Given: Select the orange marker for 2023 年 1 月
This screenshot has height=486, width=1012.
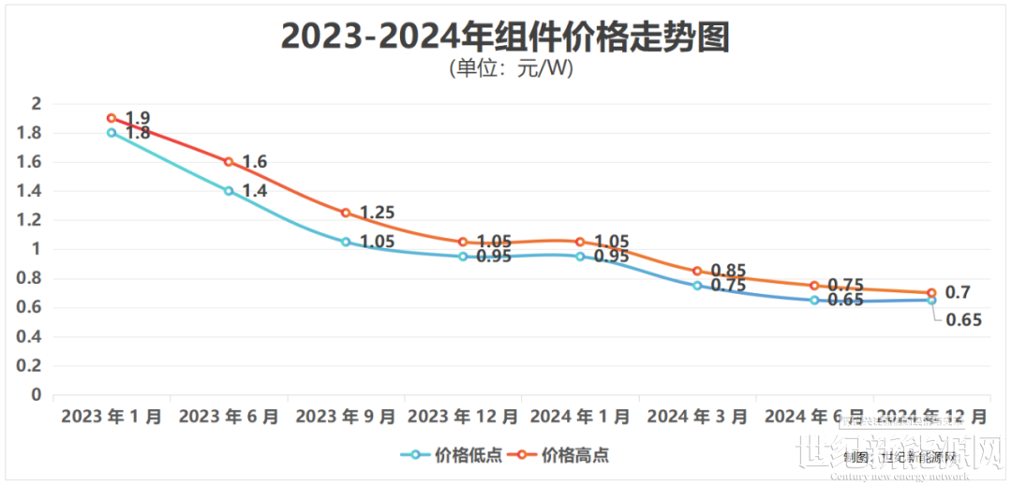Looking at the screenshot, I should click(112, 118).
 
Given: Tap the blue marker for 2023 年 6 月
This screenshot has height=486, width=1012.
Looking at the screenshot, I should click(229, 190).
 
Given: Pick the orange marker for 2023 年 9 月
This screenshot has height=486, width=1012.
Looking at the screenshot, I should click(346, 213).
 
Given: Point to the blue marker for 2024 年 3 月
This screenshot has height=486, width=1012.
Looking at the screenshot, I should click(697, 285).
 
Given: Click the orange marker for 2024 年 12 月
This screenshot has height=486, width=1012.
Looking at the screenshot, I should click(931, 293).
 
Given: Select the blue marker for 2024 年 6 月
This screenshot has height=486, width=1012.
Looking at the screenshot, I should click(814, 300).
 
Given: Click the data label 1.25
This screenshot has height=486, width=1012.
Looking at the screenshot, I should click(377, 213).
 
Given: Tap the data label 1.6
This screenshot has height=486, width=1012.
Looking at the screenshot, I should click(254, 162).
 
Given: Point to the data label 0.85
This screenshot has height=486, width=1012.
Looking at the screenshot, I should click(728, 271).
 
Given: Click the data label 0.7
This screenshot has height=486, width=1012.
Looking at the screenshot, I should click(958, 293).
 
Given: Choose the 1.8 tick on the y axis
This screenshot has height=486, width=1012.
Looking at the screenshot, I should click(29, 133).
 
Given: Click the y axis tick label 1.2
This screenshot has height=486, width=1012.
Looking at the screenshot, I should click(29, 220).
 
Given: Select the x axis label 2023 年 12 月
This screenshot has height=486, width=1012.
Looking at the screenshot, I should click(463, 416).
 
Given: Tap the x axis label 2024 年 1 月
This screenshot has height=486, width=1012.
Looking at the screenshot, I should click(580, 416).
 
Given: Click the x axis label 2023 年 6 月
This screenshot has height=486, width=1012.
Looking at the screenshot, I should click(229, 416).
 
